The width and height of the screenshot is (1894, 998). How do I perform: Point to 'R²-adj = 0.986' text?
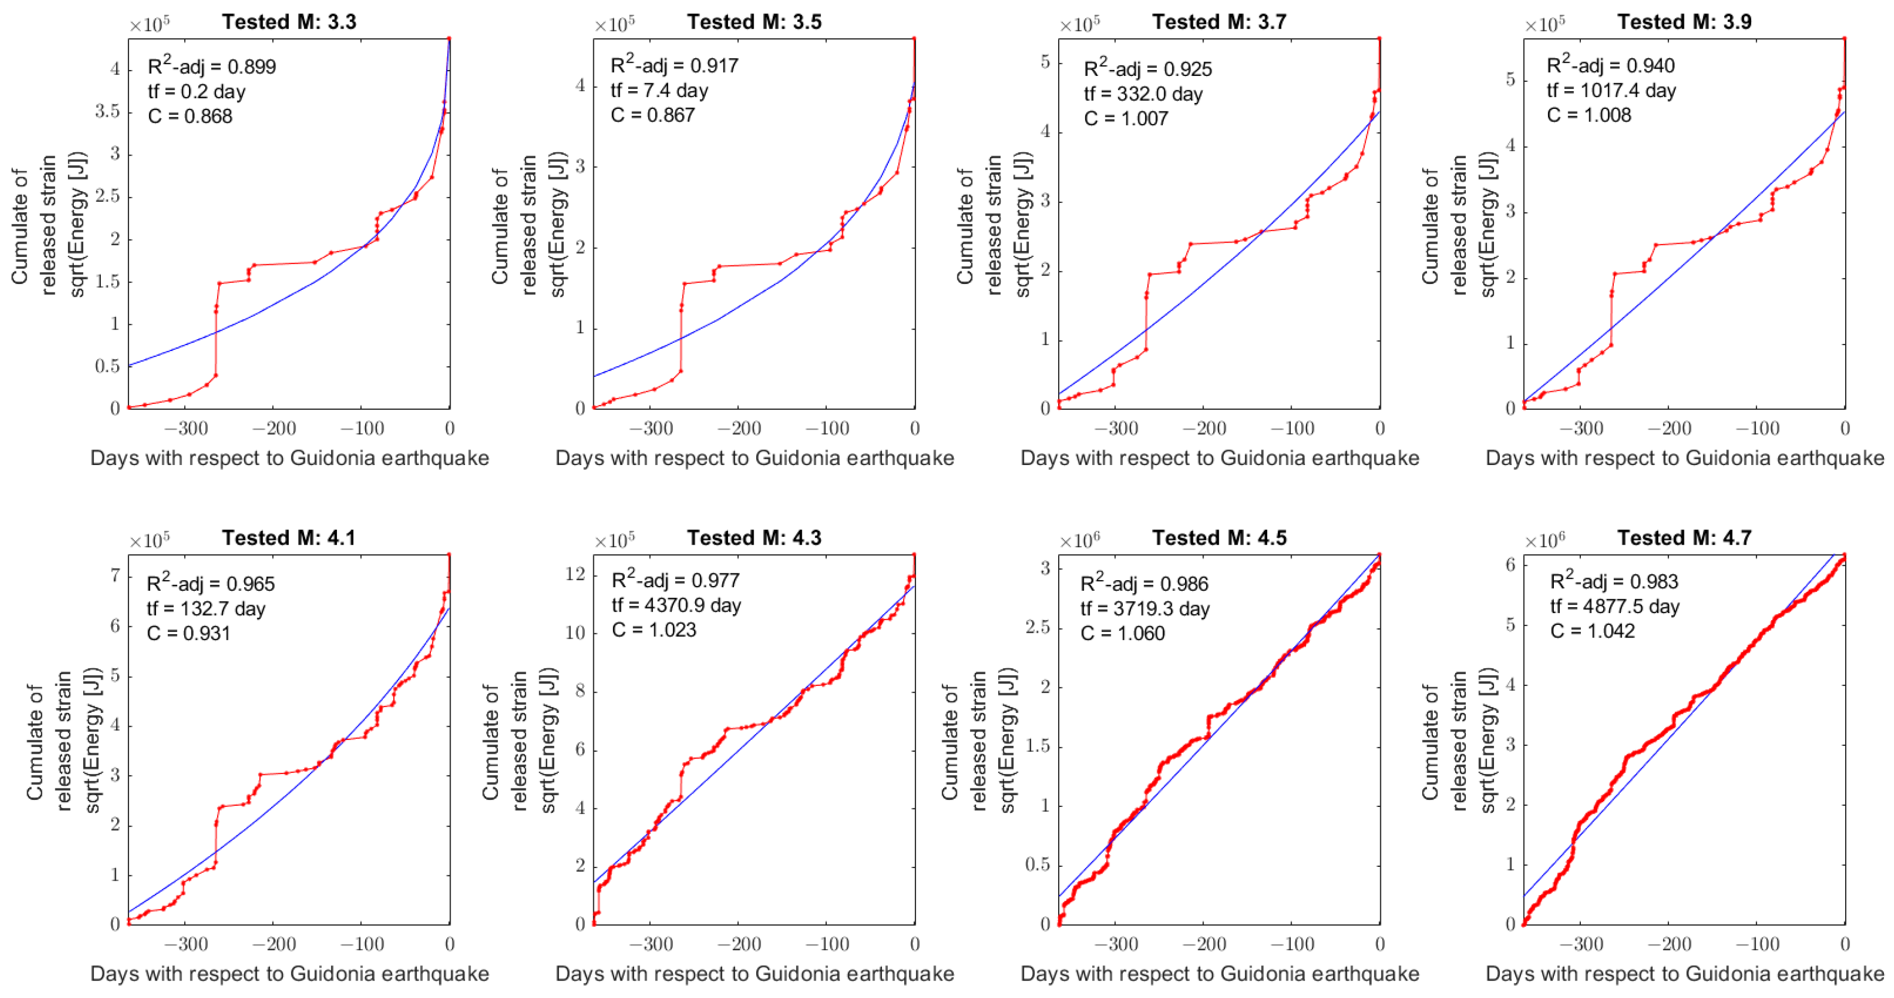1144,584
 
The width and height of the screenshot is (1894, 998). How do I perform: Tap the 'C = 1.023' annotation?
654,630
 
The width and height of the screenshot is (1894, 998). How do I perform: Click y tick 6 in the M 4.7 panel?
1511,565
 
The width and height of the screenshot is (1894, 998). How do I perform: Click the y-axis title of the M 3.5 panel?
529,225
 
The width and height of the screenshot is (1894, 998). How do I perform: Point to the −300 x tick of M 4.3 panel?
650,944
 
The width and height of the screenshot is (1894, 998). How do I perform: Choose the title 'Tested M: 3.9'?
1684,22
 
